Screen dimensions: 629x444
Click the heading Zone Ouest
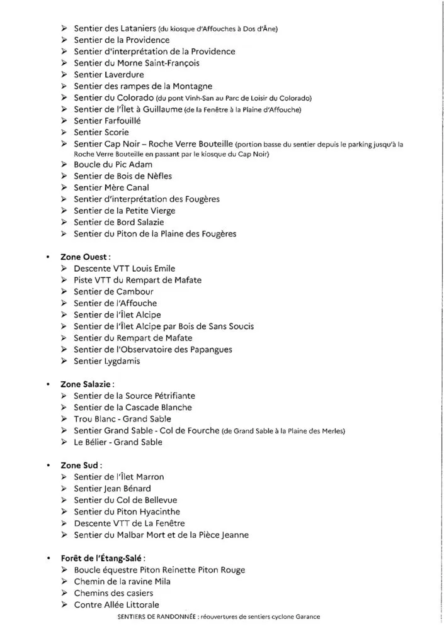pyautogui.click(x=86, y=257)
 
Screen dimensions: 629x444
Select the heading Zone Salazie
pyautogui.click(x=89, y=384)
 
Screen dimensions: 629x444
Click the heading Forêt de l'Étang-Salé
pyautogui.click(x=104, y=558)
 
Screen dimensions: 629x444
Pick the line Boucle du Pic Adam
pyautogui.click(x=114, y=165)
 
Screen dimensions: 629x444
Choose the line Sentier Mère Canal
pyautogui.click(x=111, y=187)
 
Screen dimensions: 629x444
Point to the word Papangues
pyautogui.click(x=205, y=349)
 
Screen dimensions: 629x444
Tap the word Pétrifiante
pyautogui.click(x=171, y=396)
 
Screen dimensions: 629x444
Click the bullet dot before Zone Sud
pyautogui.click(x=48, y=465)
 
